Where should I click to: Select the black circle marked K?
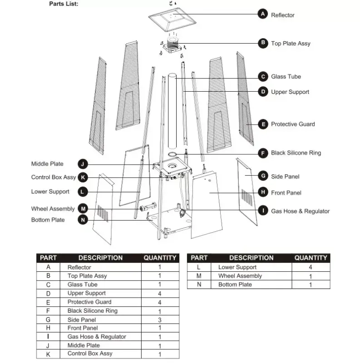pyautogui.click(x=83, y=177)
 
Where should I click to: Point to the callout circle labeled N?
pyautogui.click(x=83, y=220)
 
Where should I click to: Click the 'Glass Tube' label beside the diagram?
pyautogui.click(x=286, y=77)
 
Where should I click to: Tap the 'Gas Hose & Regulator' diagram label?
pyautogui.click(x=300, y=211)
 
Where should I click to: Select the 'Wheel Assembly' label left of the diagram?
pyautogui.click(x=53, y=209)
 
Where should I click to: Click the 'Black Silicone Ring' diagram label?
pyautogui.click(x=296, y=153)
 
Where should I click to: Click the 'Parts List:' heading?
pyautogui.click(x=64, y=4)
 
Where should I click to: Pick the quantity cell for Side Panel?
pyautogui.click(x=160, y=319)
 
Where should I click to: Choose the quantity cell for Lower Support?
pyautogui.click(x=311, y=267)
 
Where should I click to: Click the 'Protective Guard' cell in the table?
pyautogui.click(x=89, y=302)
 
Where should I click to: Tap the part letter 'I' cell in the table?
pyautogui.click(x=49, y=337)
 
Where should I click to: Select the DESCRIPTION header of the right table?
pyautogui.click(x=251, y=258)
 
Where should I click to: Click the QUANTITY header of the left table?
pyautogui.click(x=160, y=258)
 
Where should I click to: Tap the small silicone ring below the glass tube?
pyautogui.click(x=173, y=154)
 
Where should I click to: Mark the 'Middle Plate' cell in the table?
pyautogui.click(x=84, y=345)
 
